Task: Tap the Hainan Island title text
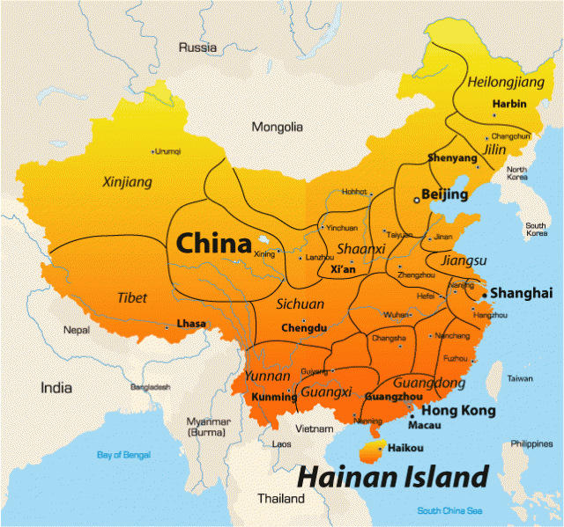[391, 477]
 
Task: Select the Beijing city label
[444, 194]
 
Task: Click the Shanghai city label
[521, 293]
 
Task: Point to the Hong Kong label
[459, 411]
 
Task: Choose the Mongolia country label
[278, 128]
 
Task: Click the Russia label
[197, 47]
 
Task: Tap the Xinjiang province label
[128, 182]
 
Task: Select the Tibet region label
[132, 298]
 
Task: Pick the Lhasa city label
[191, 324]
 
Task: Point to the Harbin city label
[509, 104]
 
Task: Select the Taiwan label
[520, 378]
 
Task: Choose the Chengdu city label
[304, 329]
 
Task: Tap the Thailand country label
[281, 498]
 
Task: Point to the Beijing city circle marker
[418, 200]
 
